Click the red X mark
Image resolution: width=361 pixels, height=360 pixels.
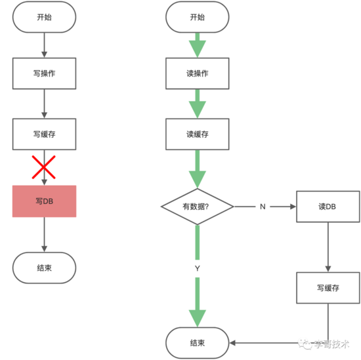(x=43, y=167)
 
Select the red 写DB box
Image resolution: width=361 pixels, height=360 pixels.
(x=44, y=201)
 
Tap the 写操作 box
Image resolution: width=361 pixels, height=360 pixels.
(x=44, y=73)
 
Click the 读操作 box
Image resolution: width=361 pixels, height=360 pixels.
(x=198, y=73)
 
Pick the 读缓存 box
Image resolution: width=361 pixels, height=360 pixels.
(x=198, y=134)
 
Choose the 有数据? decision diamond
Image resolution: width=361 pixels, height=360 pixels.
(x=198, y=207)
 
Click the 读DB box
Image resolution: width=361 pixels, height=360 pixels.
(x=328, y=207)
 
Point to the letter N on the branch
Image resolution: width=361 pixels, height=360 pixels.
(x=263, y=207)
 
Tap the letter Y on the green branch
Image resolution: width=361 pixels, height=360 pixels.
(x=198, y=268)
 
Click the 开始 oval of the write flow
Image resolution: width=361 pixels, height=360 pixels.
(x=44, y=17)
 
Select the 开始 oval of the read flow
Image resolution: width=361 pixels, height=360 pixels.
(x=198, y=17)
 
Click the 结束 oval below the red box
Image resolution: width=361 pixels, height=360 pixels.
(x=44, y=268)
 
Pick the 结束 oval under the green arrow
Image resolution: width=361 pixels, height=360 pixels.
(x=198, y=343)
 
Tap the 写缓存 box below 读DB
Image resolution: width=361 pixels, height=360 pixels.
(x=328, y=288)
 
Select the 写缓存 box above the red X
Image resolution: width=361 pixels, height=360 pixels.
(x=44, y=134)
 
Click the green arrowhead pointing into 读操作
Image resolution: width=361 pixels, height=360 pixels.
(x=198, y=49)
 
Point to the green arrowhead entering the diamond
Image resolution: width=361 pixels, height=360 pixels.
(x=198, y=180)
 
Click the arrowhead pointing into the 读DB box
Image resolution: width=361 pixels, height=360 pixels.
(x=293, y=207)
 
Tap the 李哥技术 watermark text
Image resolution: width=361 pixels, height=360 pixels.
(x=331, y=344)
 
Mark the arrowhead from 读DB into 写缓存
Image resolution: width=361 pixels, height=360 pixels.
(x=328, y=269)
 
